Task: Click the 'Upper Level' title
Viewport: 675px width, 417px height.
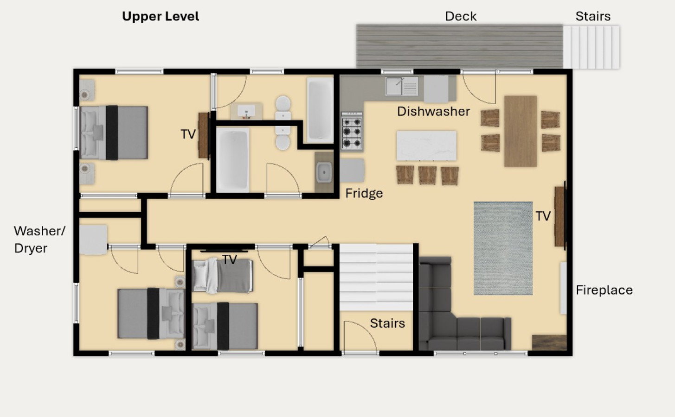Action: point(161,17)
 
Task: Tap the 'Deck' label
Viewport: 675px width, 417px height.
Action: point(461,17)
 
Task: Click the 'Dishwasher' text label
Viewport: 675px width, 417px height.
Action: point(433,112)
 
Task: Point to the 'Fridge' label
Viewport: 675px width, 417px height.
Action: point(364,194)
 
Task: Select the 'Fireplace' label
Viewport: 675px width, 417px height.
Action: point(604,291)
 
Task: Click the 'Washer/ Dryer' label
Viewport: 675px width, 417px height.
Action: point(39,240)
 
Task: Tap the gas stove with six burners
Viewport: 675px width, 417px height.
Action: point(352,131)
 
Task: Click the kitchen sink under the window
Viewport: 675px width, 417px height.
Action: point(402,86)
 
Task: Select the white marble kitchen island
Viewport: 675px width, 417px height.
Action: point(426,145)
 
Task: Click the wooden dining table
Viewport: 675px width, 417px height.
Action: point(521,131)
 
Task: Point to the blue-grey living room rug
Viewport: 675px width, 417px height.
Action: point(503,248)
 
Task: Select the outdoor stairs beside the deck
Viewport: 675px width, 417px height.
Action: point(591,47)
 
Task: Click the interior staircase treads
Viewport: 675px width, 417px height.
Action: point(376,277)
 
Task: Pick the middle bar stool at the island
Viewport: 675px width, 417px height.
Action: point(427,175)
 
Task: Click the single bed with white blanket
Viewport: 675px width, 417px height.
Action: point(222,276)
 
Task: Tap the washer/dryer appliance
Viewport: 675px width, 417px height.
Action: point(93,240)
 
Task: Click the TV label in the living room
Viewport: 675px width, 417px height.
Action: point(543,216)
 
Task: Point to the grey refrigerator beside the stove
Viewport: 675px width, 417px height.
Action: point(352,171)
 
